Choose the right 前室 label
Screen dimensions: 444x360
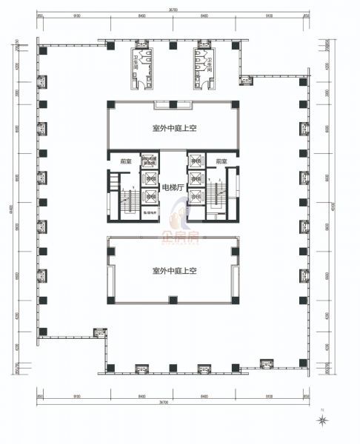[221, 161]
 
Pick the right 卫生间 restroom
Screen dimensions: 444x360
[203, 65]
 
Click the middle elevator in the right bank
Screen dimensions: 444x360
[196, 178]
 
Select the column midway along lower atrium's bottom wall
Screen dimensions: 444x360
[173, 300]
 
